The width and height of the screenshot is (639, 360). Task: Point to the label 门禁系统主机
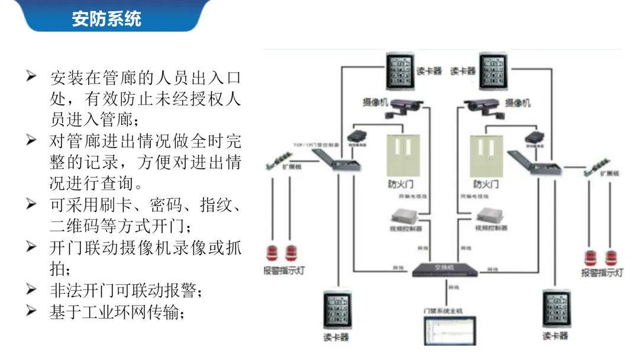443,311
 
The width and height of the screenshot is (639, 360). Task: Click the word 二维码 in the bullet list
79,226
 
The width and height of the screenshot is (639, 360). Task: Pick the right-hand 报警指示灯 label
601,273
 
